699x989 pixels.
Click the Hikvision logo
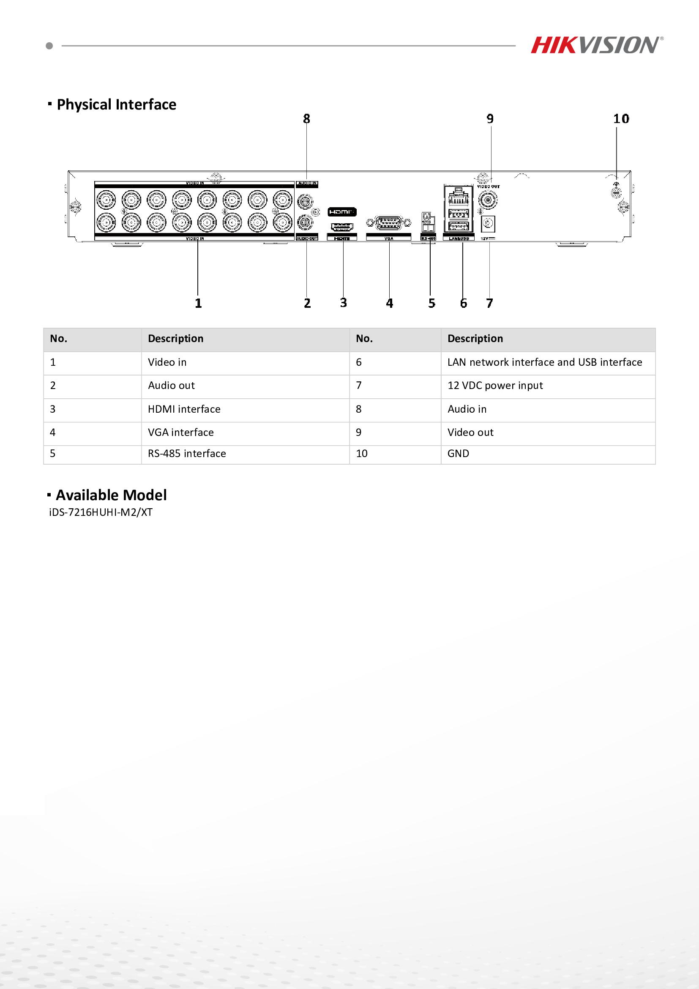click(596, 45)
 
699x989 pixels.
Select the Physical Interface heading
click(116, 105)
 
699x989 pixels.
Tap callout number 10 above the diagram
click(621, 118)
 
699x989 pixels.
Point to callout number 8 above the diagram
click(306, 118)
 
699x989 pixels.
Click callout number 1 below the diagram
click(198, 303)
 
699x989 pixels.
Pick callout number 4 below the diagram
click(389, 303)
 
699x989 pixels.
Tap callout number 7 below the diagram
click(489, 303)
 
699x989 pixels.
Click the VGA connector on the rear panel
click(385, 223)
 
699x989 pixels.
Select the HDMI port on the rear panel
click(342, 226)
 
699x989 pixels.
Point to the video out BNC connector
click(489, 200)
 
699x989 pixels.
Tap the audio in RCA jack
click(305, 200)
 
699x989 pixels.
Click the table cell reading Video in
click(167, 362)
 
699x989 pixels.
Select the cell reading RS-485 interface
click(187, 454)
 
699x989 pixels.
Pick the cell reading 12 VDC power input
click(495, 386)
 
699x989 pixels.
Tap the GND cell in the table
click(459, 454)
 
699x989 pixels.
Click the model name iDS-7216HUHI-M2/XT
click(101, 512)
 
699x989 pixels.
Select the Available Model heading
click(111, 496)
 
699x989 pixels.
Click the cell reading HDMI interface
click(184, 409)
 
